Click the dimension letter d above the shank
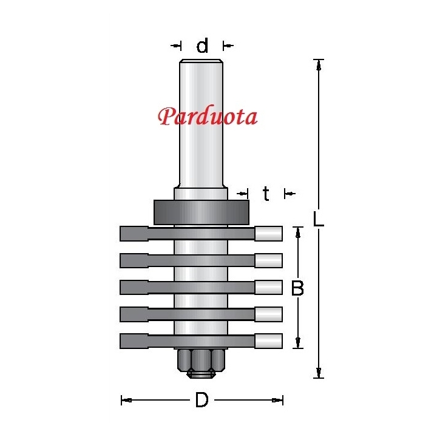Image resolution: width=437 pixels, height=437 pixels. (202, 46)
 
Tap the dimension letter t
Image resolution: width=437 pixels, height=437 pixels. (266, 194)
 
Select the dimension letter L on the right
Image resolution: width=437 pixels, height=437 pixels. (318, 218)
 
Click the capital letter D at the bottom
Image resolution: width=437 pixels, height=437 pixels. (202, 400)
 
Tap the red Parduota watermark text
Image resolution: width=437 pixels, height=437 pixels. (208, 116)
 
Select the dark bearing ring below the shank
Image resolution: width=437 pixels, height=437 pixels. (202, 212)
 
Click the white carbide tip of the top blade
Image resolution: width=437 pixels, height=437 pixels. (269, 234)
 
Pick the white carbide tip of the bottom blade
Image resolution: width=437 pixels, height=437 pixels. (269, 341)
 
